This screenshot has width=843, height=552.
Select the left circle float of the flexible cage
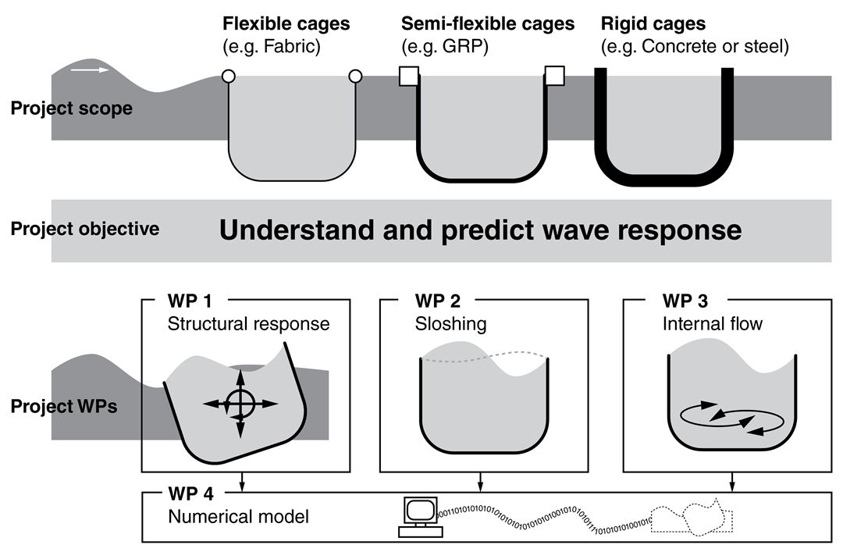click(x=228, y=76)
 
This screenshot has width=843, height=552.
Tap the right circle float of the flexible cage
click(x=355, y=76)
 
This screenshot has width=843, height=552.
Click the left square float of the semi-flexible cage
click(x=408, y=76)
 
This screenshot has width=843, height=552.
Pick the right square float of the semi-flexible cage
click(x=554, y=76)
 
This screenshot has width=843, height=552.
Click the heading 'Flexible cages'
click(x=286, y=24)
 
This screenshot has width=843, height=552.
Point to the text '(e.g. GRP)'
click(x=444, y=47)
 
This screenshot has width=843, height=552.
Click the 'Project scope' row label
click(x=71, y=109)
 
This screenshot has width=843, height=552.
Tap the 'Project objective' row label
click(x=85, y=229)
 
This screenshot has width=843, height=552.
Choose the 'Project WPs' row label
click(x=64, y=407)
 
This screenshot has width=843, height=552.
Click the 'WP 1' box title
click(x=189, y=301)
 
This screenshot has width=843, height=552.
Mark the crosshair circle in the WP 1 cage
click(x=240, y=404)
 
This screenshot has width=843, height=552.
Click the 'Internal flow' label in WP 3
click(x=713, y=323)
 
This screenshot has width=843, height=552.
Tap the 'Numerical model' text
click(x=239, y=516)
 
